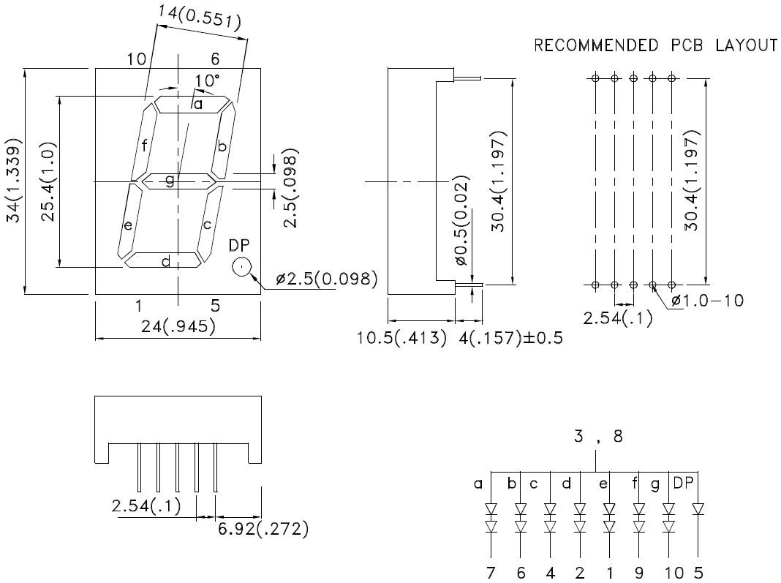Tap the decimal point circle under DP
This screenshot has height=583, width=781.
(x=241, y=267)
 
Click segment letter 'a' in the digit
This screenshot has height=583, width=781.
(x=197, y=105)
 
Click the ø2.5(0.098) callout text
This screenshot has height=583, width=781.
(x=326, y=278)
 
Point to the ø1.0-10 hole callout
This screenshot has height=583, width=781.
(x=707, y=300)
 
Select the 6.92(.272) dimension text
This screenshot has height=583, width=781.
(x=262, y=528)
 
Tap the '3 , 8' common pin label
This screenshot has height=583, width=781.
(x=597, y=437)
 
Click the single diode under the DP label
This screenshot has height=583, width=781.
(x=698, y=508)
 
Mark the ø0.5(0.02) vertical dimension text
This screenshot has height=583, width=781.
(x=461, y=220)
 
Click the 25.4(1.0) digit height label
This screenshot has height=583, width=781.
(x=48, y=181)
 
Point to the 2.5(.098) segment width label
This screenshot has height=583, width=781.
(x=291, y=191)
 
